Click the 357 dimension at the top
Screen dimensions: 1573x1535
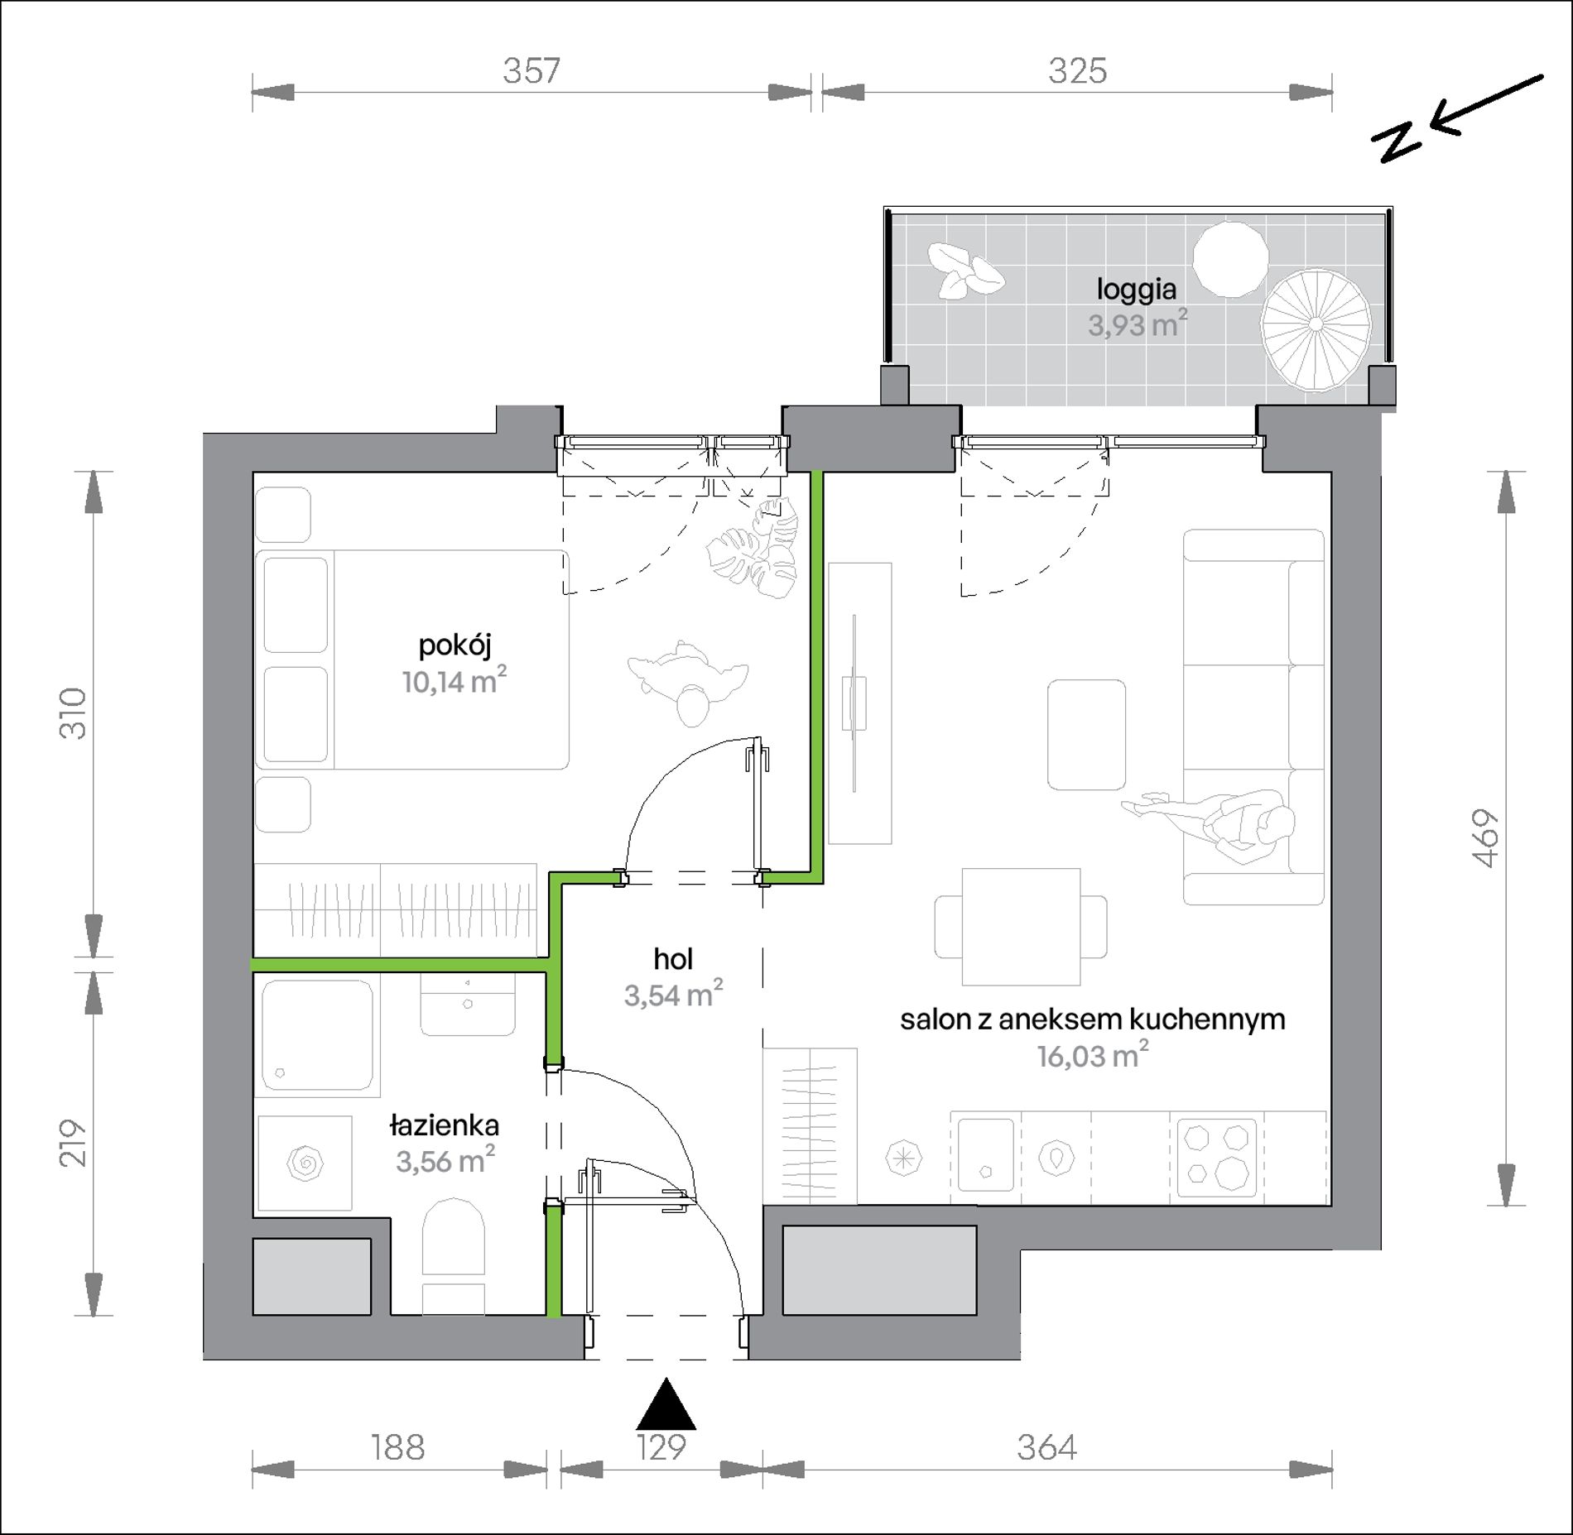(x=532, y=71)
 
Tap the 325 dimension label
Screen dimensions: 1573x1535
(x=1077, y=71)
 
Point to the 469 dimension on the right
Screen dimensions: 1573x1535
(x=1486, y=837)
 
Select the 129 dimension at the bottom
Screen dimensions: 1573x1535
(x=662, y=1447)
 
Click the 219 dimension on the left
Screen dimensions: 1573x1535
(x=73, y=1144)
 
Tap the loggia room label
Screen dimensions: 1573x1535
(x=1137, y=290)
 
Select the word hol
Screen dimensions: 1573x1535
(x=673, y=959)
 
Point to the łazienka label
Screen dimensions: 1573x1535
(x=445, y=1125)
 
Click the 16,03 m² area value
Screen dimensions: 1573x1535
(x=1093, y=1057)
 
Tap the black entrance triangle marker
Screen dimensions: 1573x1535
(x=666, y=1403)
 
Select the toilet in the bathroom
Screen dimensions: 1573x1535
(x=453, y=1257)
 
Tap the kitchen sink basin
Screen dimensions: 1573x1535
(x=984, y=1155)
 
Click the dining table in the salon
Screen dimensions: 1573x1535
(x=1021, y=926)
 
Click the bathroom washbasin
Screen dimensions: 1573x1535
(x=469, y=1003)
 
